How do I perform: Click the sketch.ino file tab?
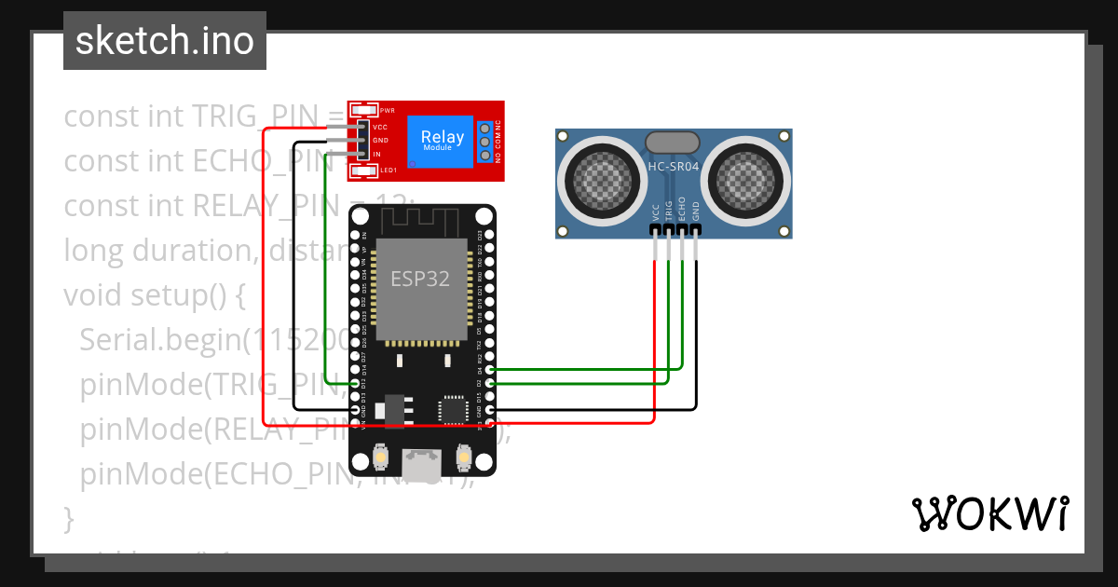click(165, 41)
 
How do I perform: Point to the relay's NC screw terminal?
click(484, 128)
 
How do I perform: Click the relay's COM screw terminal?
click(484, 141)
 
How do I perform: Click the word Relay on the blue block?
click(442, 137)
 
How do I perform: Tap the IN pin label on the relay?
click(376, 154)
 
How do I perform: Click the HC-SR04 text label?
click(673, 167)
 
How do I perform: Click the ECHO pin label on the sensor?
click(682, 208)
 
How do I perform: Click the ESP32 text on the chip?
click(419, 279)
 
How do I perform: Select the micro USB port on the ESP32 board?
click(422, 458)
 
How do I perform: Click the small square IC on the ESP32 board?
click(454, 408)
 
